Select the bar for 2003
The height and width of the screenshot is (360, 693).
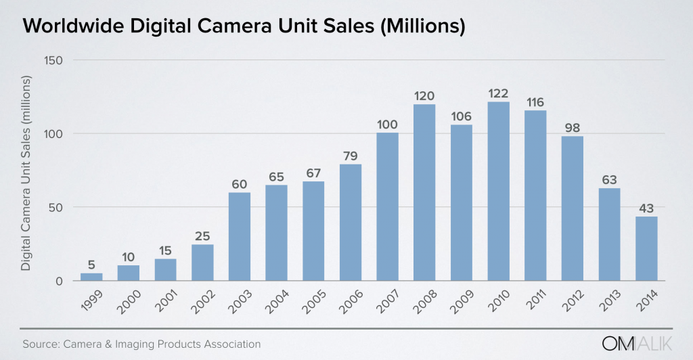click(x=240, y=237)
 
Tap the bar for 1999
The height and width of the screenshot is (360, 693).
click(x=91, y=277)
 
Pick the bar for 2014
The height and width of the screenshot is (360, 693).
click(x=646, y=248)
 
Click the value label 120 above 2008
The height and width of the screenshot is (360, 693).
click(x=424, y=95)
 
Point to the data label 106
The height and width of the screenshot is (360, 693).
click(x=461, y=116)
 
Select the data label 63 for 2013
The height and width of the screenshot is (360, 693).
click(x=609, y=179)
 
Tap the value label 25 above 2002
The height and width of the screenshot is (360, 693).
click(x=202, y=235)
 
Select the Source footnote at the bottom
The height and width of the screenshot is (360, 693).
click(x=141, y=344)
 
